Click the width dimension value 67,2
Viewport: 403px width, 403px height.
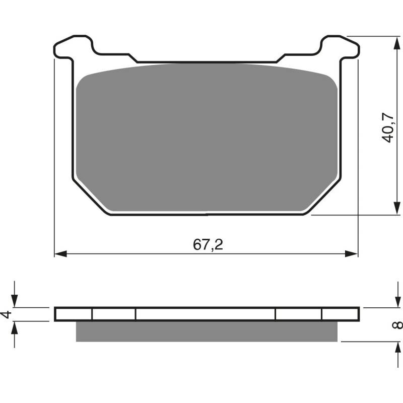click(x=208, y=245)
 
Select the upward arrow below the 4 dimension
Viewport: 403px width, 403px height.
click(x=15, y=326)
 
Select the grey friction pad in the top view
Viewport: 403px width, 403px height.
click(x=207, y=136)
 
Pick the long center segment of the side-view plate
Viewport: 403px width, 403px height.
click(x=206, y=314)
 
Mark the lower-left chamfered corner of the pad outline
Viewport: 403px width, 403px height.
click(x=91, y=196)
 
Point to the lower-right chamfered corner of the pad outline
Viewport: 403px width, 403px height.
click(x=322, y=196)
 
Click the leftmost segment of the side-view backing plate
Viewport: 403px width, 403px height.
click(x=74, y=314)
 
